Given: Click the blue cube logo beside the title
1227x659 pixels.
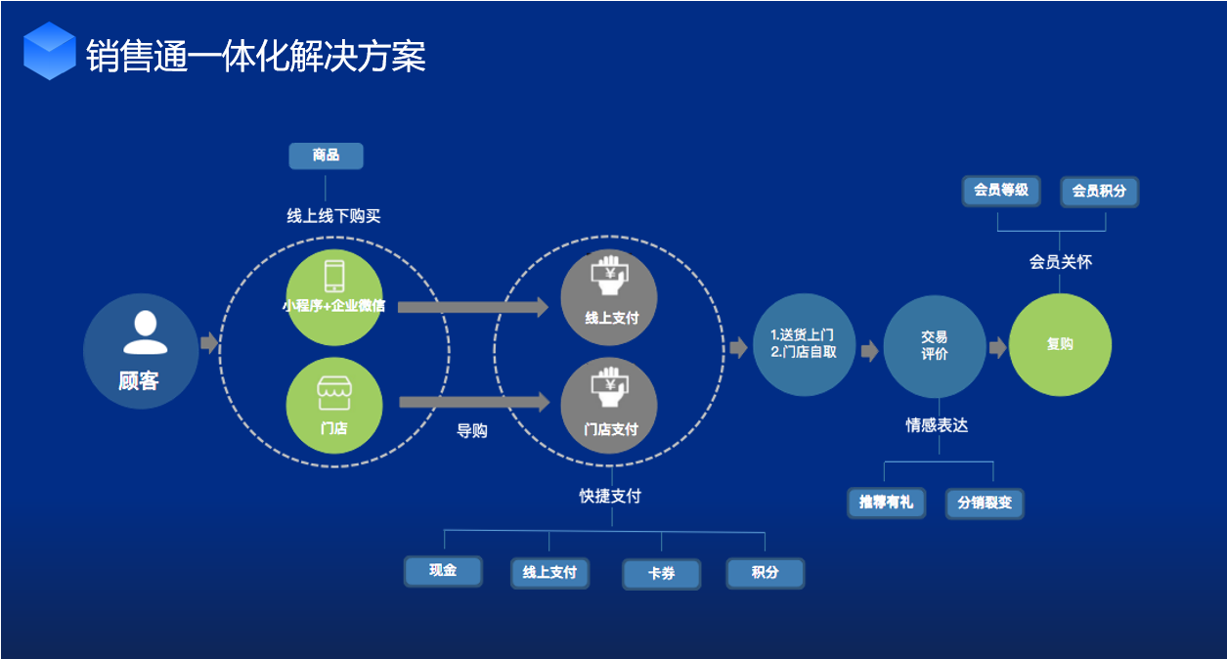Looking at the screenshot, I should [x=50, y=51].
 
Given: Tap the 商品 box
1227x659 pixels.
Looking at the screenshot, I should [x=326, y=155].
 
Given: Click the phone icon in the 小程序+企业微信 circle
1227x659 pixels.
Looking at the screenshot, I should [x=333, y=274].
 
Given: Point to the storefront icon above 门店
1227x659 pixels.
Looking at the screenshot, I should [x=333, y=394].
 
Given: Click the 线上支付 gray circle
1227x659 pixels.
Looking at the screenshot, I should [x=609, y=297].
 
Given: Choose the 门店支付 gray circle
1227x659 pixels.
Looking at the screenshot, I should [x=609, y=405].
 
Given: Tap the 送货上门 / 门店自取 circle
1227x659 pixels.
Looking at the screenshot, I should [x=803, y=344].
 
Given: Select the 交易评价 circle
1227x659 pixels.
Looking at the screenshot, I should [x=934, y=345].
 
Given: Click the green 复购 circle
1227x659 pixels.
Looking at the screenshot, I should [x=1060, y=344].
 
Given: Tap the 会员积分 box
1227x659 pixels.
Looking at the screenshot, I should [x=1100, y=192].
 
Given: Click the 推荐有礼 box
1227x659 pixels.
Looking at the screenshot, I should [x=886, y=503].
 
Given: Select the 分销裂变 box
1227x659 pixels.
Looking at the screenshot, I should [x=985, y=504].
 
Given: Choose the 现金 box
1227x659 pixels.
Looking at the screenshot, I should [x=443, y=571].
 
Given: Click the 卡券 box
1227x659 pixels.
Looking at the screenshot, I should [x=662, y=574].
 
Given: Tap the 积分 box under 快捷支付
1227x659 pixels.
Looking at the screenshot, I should [x=765, y=573].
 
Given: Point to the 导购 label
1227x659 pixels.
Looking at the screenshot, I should [x=472, y=430].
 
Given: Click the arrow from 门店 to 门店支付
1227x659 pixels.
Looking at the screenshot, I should [x=474, y=401].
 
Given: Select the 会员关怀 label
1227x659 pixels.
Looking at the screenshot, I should [x=1060, y=262].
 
